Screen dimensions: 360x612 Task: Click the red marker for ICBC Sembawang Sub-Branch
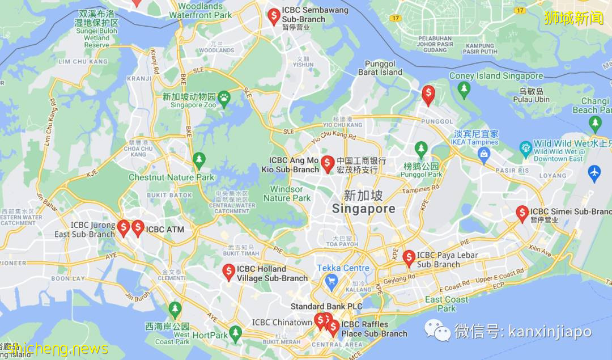click(x=274, y=16)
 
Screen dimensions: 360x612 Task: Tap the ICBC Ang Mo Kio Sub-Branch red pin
click(x=327, y=163)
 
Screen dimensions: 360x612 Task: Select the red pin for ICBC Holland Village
click(x=228, y=272)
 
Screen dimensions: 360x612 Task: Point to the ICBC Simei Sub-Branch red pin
click(x=522, y=213)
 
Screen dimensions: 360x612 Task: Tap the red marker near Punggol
click(x=428, y=94)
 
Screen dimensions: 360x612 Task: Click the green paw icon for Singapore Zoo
click(x=225, y=97)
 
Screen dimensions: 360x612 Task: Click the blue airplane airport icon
click(x=594, y=173)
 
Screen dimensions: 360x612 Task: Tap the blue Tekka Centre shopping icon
click(x=331, y=280)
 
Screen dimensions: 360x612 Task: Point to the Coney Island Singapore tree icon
click(x=464, y=89)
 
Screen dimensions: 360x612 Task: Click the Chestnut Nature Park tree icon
click(x=199, y=160)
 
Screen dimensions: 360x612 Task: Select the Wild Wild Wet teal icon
click(x=526, y=149)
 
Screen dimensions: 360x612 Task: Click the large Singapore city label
click(x=363, y=202)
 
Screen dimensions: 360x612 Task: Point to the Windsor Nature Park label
click(x=287, y=193)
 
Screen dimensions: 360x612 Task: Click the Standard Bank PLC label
click(x=326, y=306)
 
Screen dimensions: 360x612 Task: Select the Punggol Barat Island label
click(x=383, y=68)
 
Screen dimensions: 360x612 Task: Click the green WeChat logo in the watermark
click(x=437, y=329)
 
